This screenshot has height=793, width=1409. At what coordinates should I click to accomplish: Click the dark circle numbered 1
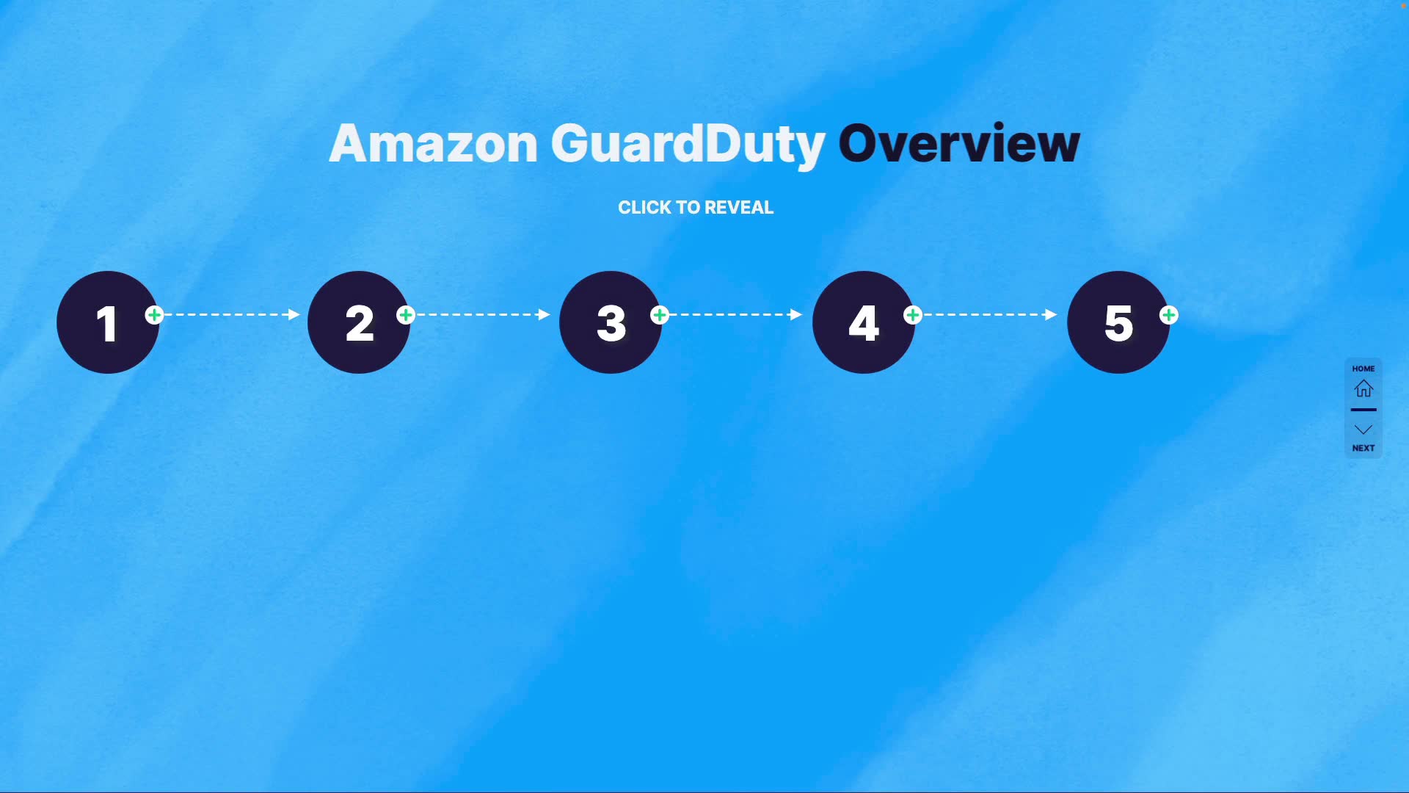pyautogui.click(x=107, y=322)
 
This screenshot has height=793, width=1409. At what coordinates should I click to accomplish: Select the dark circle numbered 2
pyautogui.click(x=359, y=322)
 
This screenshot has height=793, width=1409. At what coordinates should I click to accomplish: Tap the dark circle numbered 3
pyautogui.click(x=611, y=322)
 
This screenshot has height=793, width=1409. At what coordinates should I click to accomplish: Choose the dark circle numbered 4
pyautogui.click(x=864, y=322)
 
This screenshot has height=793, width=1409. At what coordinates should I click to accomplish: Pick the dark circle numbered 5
pyautogui.click(x=1118, y=322)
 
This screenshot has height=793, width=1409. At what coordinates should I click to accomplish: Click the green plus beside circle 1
pyautogui.click(x=154, y=315)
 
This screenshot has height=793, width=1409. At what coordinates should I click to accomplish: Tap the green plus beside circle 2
pyautogui.click(x=406, y=315)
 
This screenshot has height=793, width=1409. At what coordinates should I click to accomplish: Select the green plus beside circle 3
pyautogui.click(x=660, y=315)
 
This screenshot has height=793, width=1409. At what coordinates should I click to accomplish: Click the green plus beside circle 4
pyautogui.click(x=913, y=315)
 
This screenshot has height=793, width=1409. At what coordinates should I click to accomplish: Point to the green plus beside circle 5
pyautogui.click(x=1169, y=315)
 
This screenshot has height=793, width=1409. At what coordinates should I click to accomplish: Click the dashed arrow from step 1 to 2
pyautogui.click(x=232, y=314)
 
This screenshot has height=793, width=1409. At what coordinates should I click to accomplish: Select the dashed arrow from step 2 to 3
pyautogui.click(x=483, y=314)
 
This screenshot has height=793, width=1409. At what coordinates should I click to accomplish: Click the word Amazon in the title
pyautogui.click(x=434, y=144)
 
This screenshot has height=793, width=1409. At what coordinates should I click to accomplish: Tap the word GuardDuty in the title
pyautogui.click(x=688, y=144)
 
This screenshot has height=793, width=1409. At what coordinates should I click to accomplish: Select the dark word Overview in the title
pyautogui.click(x=958, y=144)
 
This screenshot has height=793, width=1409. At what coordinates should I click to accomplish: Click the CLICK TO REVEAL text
pyautogui.click(x=696, y=208)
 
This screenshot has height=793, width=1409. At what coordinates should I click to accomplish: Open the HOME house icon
pyautogui.click(x=1364, y=388)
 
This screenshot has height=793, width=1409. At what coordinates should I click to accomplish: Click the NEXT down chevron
pyautogui.click(x=1364, y=430)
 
